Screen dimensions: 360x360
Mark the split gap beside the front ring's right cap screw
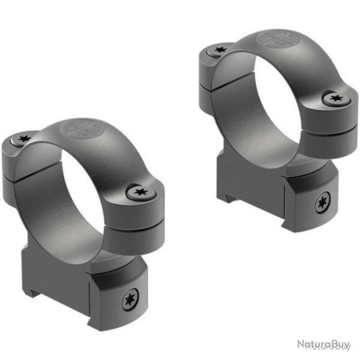click(126, 211)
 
